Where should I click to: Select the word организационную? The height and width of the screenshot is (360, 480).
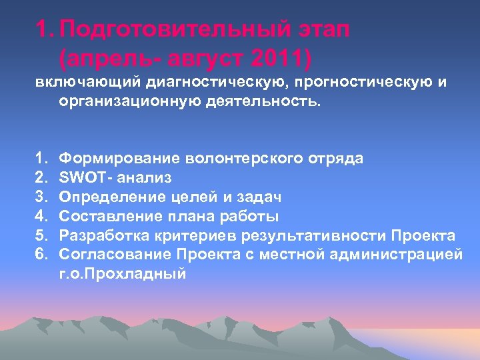(127, 103)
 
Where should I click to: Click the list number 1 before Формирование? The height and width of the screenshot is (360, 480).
(41, 158)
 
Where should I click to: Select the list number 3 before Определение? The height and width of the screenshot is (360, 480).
(41, 197)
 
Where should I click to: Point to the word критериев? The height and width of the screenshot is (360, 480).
(203, 235)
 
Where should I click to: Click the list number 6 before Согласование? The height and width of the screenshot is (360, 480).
(41, 255)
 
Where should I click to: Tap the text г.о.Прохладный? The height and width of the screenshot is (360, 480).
(123, 274)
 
